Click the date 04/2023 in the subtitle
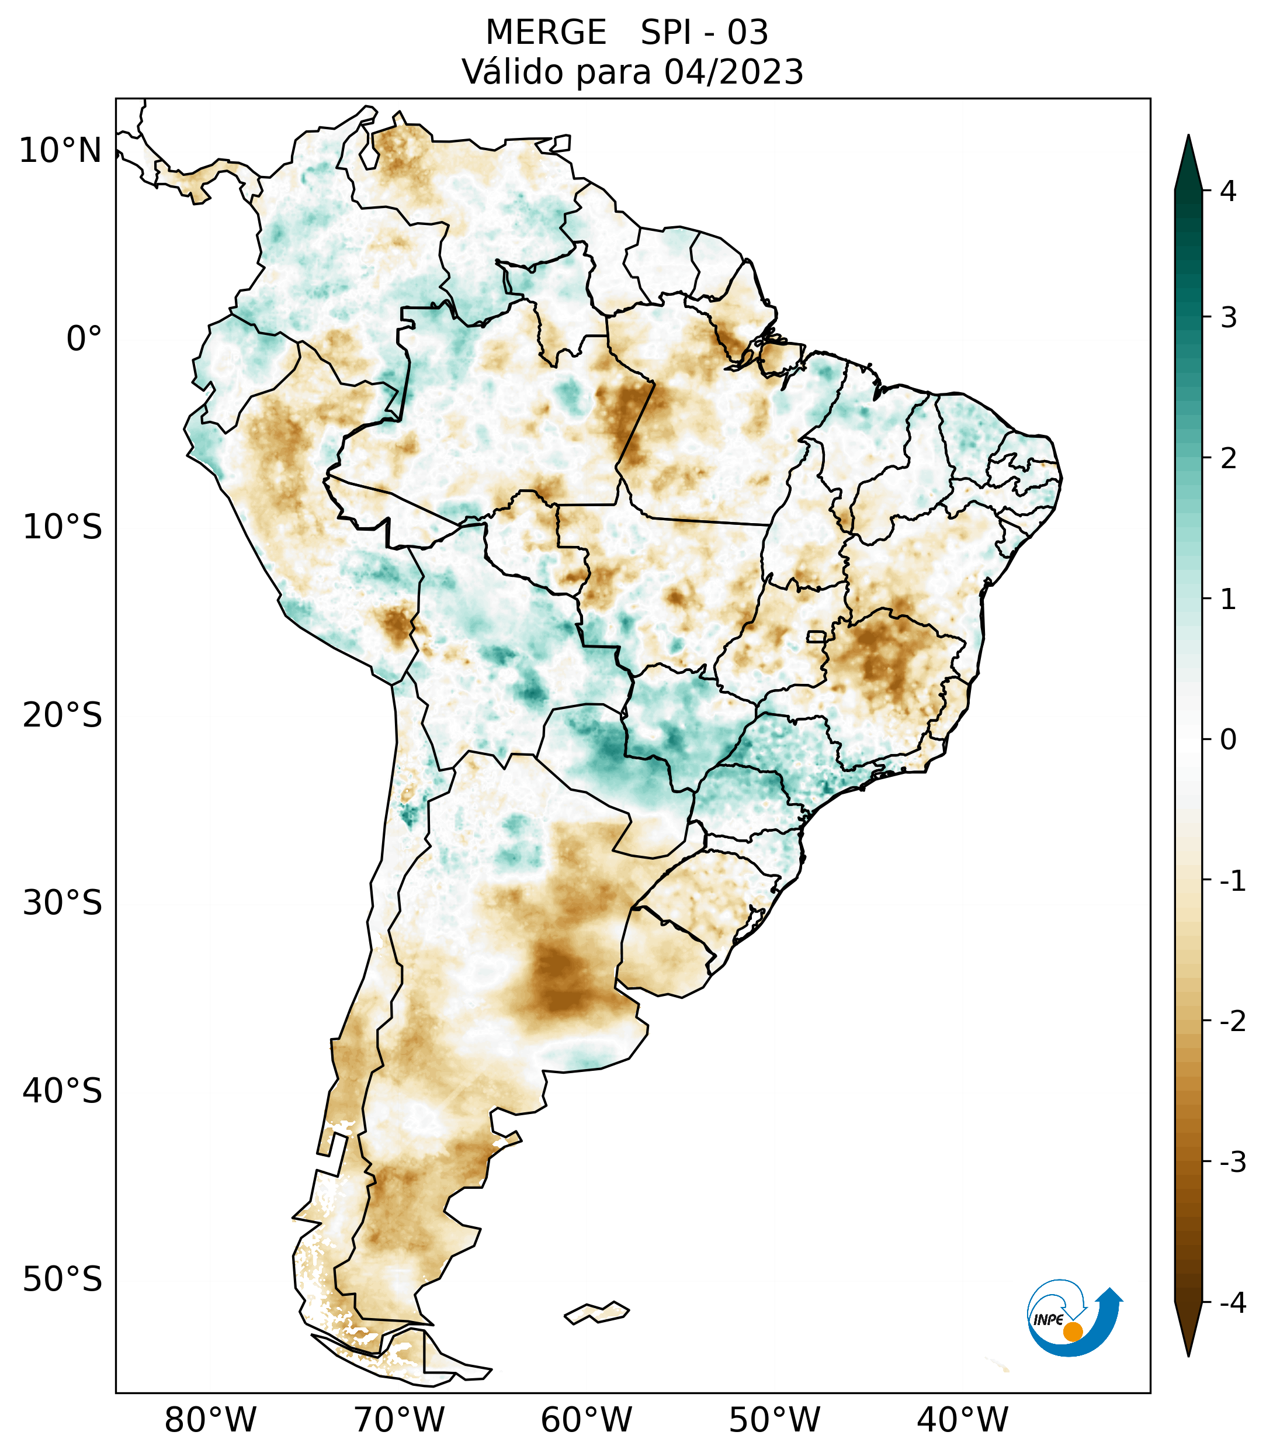click(733, 72)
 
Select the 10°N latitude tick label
click(61, 151)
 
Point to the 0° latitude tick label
click(84, 339)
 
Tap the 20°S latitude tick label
click(63, 715)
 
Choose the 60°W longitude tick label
click(586, 1420)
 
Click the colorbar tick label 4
click(1228, 191)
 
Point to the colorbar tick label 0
click(1228, 740)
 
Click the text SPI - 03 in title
click(704, 33)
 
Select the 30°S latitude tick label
click(63, 903)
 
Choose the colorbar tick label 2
click(1228, 459)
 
